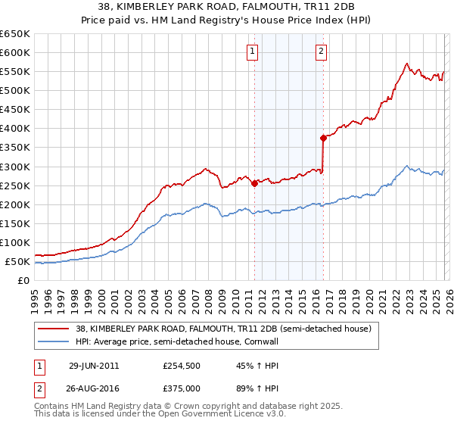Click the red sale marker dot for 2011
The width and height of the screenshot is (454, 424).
254,182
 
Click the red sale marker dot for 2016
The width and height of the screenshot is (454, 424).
323,138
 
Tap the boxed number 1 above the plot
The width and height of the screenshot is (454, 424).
251,51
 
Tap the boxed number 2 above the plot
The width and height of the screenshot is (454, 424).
321,51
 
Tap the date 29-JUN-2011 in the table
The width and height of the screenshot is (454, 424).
94,365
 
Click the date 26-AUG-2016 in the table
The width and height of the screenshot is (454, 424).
94,388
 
